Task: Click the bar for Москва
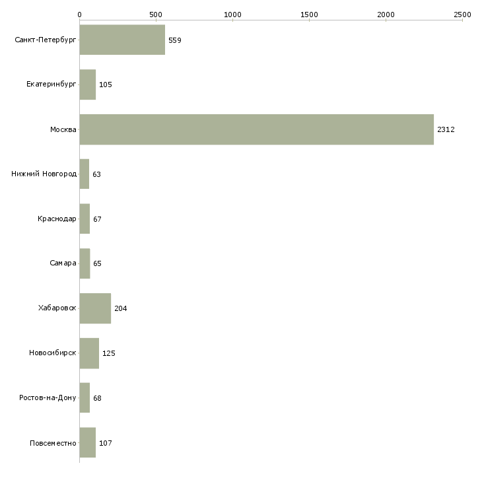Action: coord(257,129)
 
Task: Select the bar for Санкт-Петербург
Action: coord(122,40)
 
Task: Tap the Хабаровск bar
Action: coord(95,308)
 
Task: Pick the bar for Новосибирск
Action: coord(89,353)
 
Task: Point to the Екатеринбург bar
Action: coord(88,85)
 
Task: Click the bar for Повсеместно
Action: coord(88,442)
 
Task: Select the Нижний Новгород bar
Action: coord(85,174)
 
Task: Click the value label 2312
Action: coord(446,129)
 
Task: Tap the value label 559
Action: coord(174,40)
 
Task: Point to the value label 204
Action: coord(120,308)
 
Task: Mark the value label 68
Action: coord(97,398)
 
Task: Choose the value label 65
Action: coord(97,263)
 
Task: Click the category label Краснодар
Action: coord(57,219)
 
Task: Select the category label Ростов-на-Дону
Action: coord(48,397)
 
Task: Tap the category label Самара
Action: coord(63,263)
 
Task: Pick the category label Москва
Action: coord(63,129)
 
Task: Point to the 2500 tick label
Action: coord(462,15)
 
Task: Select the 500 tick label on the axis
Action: coord(156,15)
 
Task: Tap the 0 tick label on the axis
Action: coord(80,15)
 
